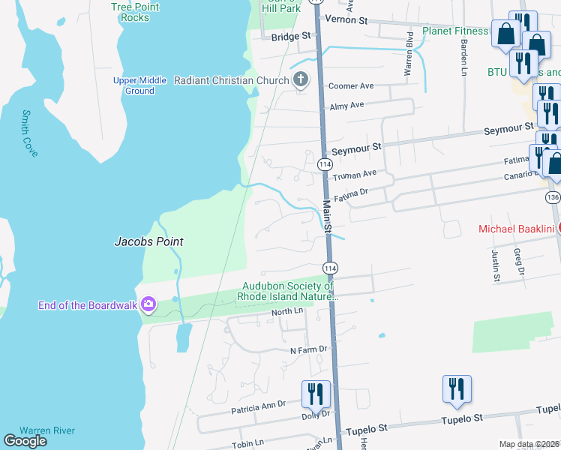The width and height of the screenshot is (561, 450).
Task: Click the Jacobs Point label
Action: click(x=148, y=242)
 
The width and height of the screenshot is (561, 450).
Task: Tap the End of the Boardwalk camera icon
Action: click(x=148, y=304)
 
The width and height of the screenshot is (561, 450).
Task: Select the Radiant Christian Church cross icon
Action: click(x=300, y=80)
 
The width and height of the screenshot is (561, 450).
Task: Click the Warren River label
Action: click(x=46, y=430)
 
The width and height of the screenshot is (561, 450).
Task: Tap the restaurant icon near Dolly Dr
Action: click(x=316, y=394)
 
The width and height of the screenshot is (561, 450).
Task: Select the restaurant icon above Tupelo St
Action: click(x=457, y=388)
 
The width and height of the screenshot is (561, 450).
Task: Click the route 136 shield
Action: click(x=553, y=197)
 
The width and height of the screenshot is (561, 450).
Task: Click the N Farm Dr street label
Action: click(x=309, y=349)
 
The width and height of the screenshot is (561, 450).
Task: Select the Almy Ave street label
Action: click(x=346, y=106)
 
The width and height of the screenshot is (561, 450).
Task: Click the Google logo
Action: click(x=25, y=441)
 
